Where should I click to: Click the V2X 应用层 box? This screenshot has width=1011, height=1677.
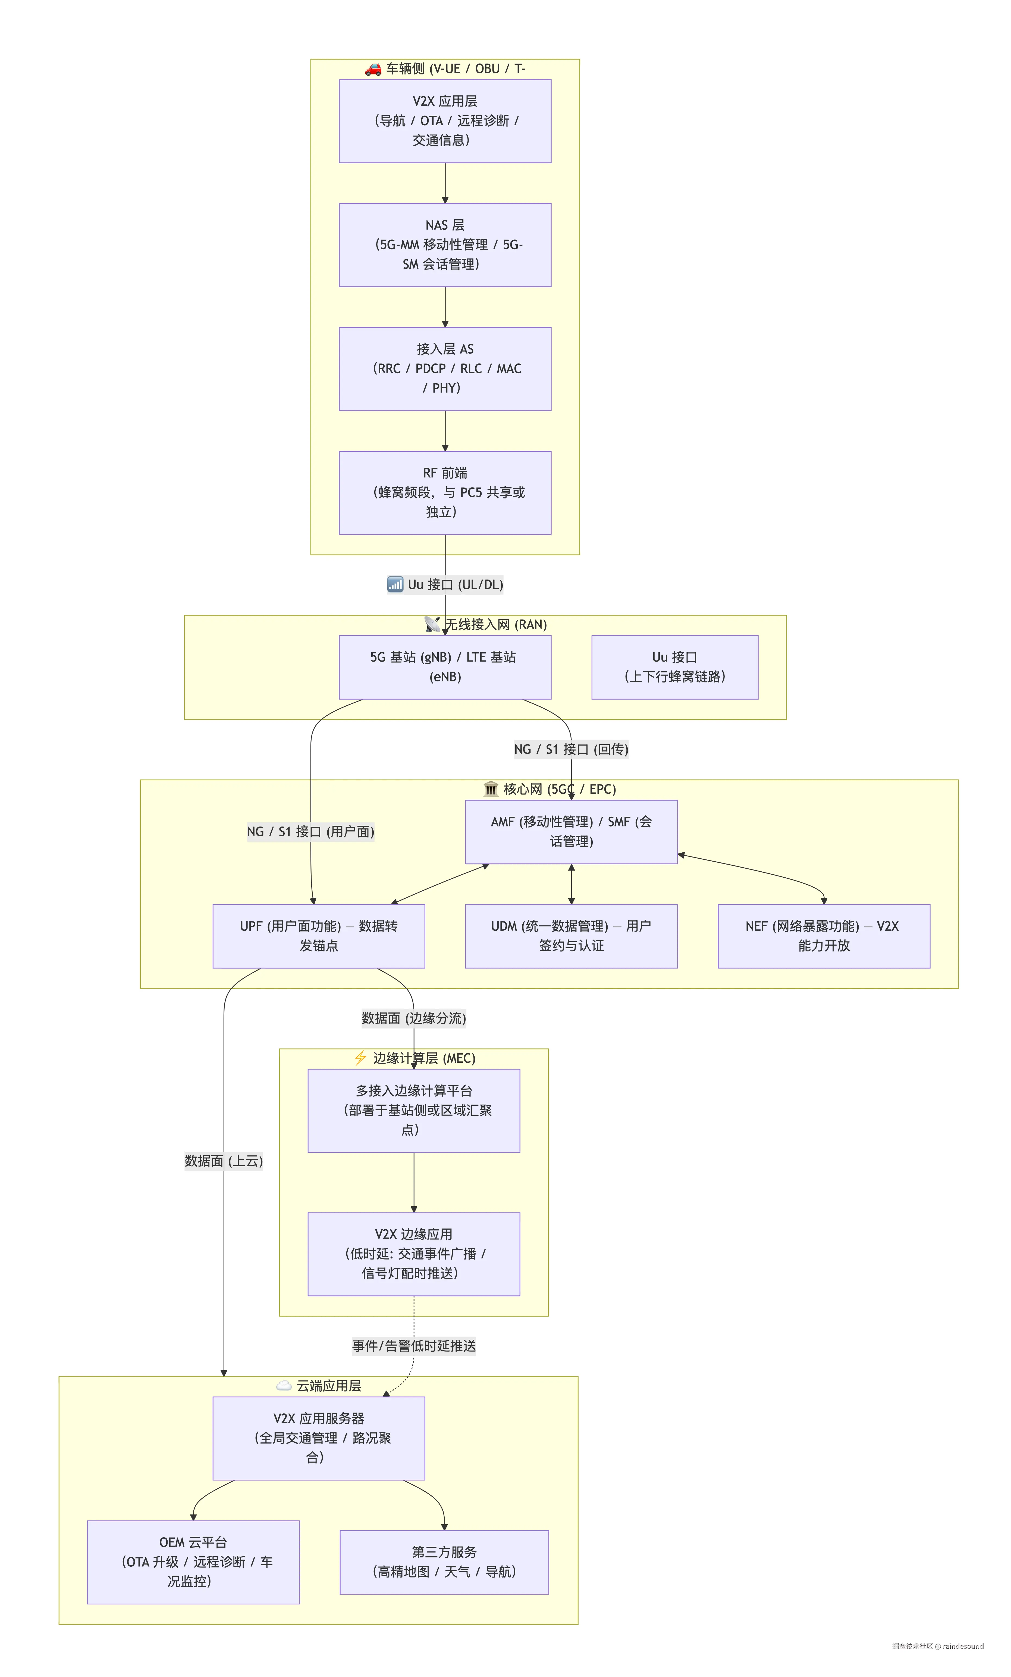coord(445,121)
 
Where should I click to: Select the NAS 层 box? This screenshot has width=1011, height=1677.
coord(445,245)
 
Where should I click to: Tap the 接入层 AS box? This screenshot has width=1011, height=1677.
coord(445,369)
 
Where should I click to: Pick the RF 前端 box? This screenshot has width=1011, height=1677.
coord(445,493)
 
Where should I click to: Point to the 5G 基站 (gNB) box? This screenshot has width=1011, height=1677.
coord(445,667)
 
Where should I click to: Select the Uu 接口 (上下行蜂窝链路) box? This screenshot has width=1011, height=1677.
coord(675,667)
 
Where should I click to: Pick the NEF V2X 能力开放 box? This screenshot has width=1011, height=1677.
coord(824,936)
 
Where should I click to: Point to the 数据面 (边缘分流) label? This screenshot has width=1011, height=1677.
coord(414,1018)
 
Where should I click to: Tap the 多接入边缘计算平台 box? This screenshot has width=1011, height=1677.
coord(414,1111)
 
